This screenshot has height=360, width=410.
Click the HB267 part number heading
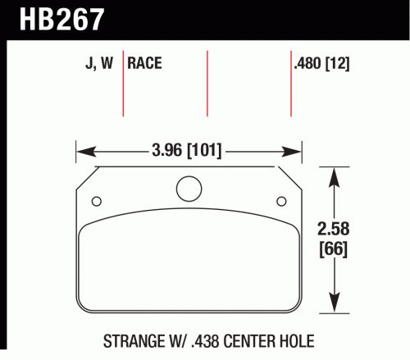(x=61, y=19)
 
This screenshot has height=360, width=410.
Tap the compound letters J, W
(x=99, y=63)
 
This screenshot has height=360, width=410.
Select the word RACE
(x=144, y=63)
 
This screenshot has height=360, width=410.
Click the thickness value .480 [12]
(x=321, y=64)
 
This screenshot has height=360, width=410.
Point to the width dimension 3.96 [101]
(x=187, y=151)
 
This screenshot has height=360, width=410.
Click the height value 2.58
(x=334, y=229)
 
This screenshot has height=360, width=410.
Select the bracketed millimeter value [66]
(x=334, y=248)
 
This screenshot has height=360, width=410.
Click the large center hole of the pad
(x=189, y=189)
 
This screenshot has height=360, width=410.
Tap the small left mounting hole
(x=97, y=202)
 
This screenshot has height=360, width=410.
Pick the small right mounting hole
(x=281, y=202)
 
